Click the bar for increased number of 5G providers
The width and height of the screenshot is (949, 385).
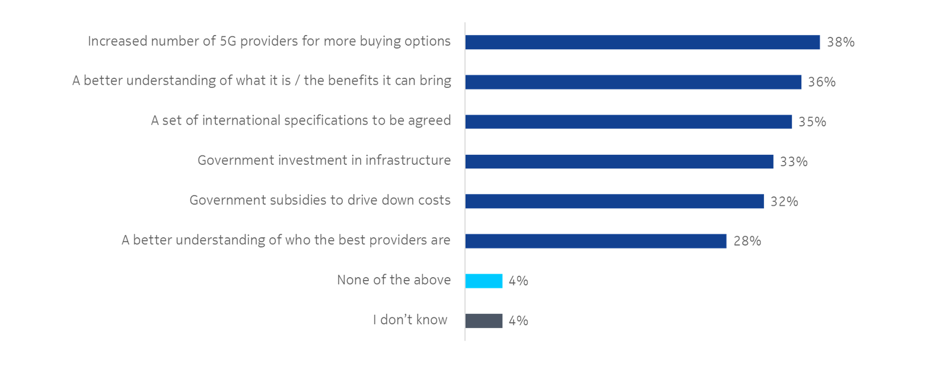(x=642, y=42)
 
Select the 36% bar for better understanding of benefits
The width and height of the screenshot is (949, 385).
(x=633, y=82)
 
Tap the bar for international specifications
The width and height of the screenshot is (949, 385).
(x=629, y=122)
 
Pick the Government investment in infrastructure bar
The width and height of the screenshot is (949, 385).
(x=619, y=161)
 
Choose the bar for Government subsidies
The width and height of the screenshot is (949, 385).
(x=614, y=201)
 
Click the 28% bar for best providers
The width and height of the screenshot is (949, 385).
(x=595, y=241)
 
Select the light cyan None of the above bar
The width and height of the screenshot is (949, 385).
(x=484, y=281)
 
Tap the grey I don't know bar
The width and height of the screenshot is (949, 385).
(x=484, y=320)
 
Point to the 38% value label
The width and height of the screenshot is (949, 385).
(x=840, y=42)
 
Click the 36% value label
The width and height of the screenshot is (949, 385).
(x=821, y=82)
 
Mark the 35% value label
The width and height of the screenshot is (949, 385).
(x=812, y=122)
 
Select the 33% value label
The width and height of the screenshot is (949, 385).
(x=794, y=161)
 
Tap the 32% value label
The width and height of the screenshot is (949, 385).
(x=784, y=201)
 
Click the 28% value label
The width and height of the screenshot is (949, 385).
(x=747, y=241)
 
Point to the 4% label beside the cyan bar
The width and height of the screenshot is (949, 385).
(x=518, y=281)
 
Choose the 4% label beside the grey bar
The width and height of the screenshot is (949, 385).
(x=518, y=320)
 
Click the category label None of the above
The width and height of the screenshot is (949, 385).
(x=393, y=280)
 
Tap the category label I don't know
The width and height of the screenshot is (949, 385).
(x=410, y=320)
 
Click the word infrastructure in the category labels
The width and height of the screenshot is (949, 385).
(x=407, y=160)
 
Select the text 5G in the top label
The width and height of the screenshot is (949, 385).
(x=228, y=41)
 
